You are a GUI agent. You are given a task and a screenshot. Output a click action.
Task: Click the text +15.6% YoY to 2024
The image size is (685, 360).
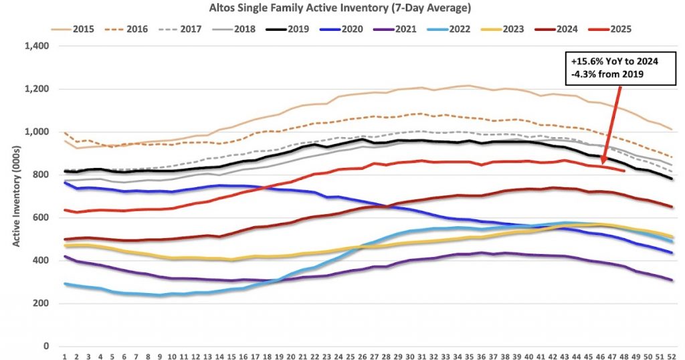(x=615, y=62)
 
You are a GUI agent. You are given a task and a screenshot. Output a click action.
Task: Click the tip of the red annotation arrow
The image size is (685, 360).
(x=601, y=163)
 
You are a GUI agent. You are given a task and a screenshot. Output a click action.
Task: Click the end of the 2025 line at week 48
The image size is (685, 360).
(x=623, y=171)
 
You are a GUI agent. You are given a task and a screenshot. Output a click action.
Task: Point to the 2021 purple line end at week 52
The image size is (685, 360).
(x=672, y=280)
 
